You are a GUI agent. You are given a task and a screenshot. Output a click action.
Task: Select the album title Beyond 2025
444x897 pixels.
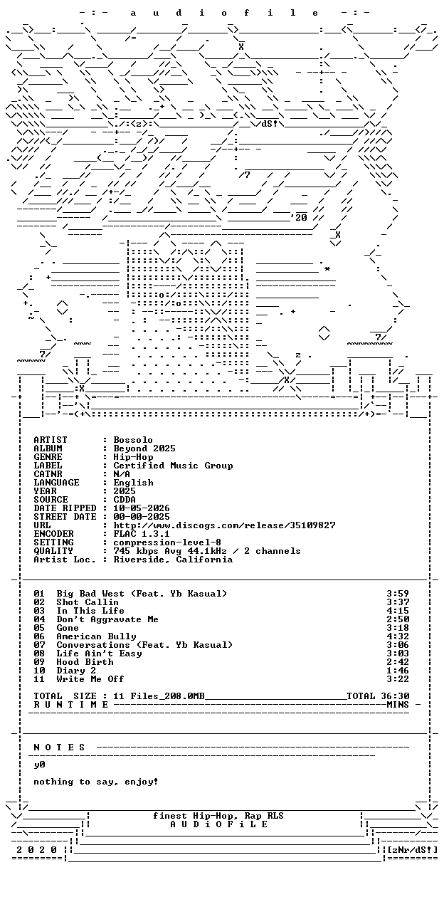point(144,448)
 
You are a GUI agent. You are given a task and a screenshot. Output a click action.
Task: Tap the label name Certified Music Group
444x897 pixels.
point(173,466)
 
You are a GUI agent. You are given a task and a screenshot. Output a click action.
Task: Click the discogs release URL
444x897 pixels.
point(224,525)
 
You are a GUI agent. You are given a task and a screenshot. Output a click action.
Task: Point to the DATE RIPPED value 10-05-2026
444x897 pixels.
point(142,508)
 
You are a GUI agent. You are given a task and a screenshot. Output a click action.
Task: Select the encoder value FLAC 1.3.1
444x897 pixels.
point(142,534)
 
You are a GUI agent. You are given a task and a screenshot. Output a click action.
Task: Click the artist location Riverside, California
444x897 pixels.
point(173,560)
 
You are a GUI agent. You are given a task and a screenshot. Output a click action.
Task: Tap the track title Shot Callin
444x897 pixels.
point(88,602)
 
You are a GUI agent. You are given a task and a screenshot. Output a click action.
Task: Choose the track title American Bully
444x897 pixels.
point(96,636)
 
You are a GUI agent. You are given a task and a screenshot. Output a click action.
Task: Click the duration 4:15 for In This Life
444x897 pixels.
point(398,611)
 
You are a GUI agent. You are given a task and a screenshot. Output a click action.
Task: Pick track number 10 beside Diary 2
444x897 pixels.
point(39,671)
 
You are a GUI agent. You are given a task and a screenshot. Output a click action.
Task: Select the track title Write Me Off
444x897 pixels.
point(90,679)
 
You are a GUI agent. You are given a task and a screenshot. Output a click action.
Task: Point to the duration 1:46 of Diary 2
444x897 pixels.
point(398,671)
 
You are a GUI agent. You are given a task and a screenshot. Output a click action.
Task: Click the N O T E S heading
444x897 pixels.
point(59,747)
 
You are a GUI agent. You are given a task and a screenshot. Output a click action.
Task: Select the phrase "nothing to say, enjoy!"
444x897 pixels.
point(96,782)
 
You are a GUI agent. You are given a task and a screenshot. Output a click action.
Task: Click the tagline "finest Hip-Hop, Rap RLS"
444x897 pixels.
point(218,816)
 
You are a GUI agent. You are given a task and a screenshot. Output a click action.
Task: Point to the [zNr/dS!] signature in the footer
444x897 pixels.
point(413,849)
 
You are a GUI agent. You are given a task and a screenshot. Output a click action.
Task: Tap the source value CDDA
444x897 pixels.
point(125,500)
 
